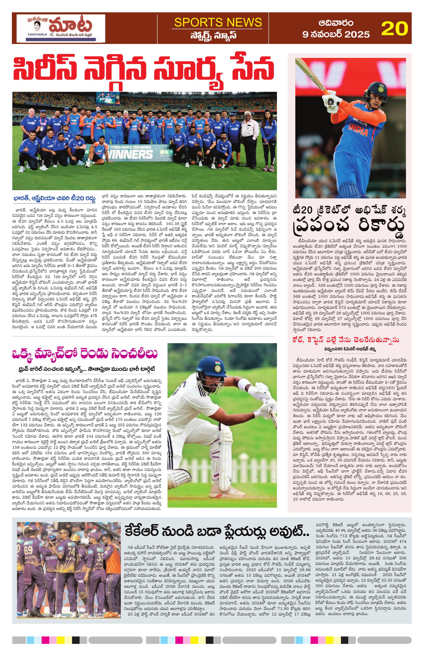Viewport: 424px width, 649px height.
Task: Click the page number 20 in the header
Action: [395, 28]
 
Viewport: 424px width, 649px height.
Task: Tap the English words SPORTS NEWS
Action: [218, 22]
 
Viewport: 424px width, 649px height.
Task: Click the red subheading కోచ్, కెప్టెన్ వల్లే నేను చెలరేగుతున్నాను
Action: [346, 340]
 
